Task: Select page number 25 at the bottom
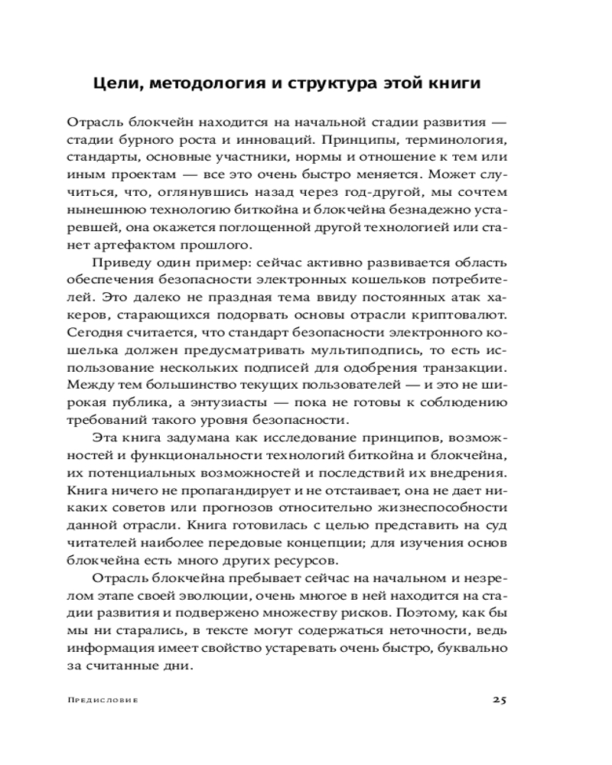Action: click(500, 699)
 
